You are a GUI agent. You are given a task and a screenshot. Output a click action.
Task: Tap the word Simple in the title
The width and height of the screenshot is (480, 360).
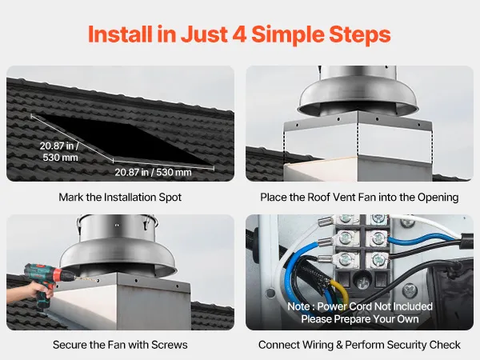[288, 35]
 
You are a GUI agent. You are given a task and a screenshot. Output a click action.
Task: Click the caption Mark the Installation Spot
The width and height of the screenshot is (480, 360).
[120, 198]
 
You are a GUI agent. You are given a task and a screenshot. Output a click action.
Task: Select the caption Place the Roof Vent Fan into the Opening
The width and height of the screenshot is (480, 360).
[359, 198]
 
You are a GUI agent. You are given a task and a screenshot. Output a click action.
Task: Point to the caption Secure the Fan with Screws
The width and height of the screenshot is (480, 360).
[120, 345]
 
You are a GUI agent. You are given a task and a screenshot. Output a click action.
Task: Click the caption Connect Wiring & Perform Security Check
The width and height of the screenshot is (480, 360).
[359, 345]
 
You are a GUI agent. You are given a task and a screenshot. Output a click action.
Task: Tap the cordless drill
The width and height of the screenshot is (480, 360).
[46, 282]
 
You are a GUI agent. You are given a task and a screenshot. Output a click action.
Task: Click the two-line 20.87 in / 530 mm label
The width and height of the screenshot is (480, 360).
[60, 151]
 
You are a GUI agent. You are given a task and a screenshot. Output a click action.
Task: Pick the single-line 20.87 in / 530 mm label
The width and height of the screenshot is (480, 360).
[153, 172]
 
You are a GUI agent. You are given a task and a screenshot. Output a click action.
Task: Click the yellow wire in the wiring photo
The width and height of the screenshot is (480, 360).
[341, 291]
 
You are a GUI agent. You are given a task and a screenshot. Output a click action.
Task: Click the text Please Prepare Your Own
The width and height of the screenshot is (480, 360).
[360, 319]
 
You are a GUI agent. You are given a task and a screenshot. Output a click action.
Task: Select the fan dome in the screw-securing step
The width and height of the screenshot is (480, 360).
[118, 258]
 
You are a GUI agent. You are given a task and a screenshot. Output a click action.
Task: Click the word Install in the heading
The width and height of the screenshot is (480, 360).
[120, 34]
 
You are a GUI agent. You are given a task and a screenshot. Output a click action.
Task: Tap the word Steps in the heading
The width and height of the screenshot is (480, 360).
[360, 35]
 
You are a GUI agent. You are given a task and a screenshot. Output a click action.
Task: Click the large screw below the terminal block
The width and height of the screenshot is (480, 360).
[362, 280]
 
